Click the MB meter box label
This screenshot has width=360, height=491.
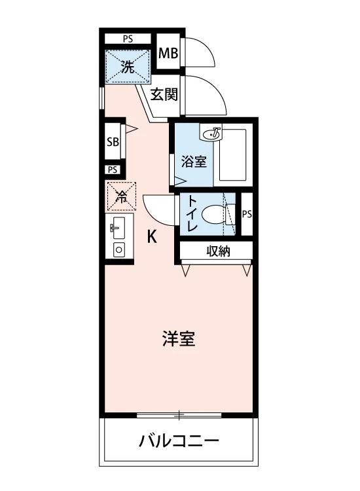[168, 53]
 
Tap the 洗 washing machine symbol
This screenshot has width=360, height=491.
[128, 67]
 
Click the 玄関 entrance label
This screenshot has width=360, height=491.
[164, 94]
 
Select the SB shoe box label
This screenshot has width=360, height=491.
[113, 142]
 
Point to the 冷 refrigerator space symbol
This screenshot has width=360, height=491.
[122, 196]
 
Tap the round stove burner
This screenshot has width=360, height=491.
[119, 250]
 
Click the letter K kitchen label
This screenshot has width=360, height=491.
[152, 236]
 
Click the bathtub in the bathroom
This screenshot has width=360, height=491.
[233, 155]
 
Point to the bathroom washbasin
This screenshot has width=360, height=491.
[211, 134]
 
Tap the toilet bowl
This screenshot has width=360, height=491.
[214, 215]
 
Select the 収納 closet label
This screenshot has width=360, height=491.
[218, 251]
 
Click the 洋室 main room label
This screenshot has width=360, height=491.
[179, 338]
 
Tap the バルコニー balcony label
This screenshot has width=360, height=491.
[179, 441]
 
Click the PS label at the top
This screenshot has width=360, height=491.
[128, 39]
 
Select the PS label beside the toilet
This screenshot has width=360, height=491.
[247, 214]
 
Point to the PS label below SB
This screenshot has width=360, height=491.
[113, 170]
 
